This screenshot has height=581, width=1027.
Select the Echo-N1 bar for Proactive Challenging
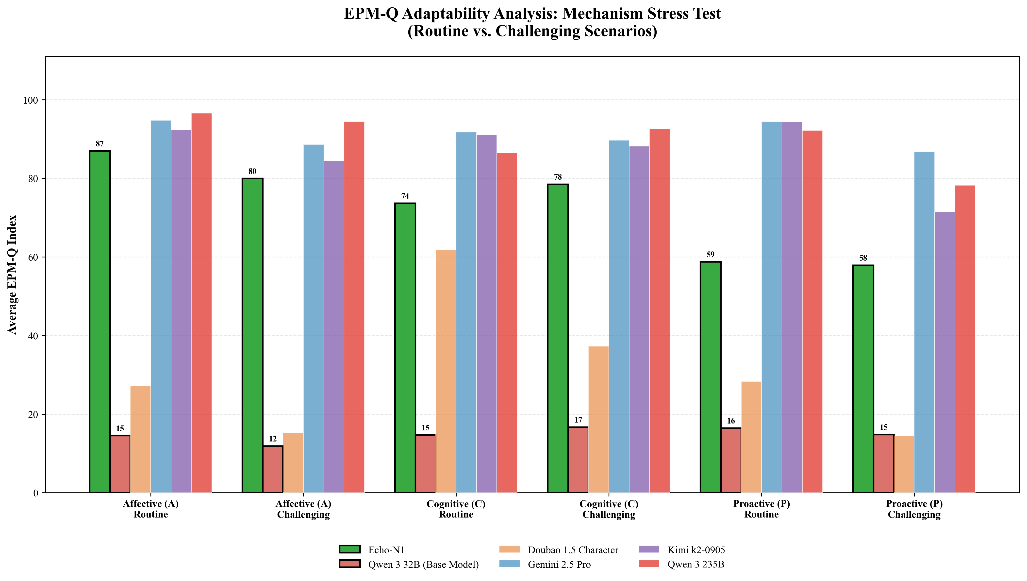pyautogui.click(x=863, y=379)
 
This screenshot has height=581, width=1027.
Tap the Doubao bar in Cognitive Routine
pyautogui.click(x=446, y=371)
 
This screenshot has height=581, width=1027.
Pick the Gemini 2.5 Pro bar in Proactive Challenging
pyautogui.click(x=924, y=322)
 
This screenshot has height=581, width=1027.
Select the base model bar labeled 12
pyautogui.click(x=273, y=469)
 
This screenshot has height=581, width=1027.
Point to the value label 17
pyautogui.click(x=578, y=420)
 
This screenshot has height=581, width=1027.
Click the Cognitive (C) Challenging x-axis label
pyautogui.click(x=609, y=509)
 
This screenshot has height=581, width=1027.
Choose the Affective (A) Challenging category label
pyautogui.click(x=303, y=509)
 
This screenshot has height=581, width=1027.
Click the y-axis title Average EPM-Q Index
pyautogui.click(x=13, y=275)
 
